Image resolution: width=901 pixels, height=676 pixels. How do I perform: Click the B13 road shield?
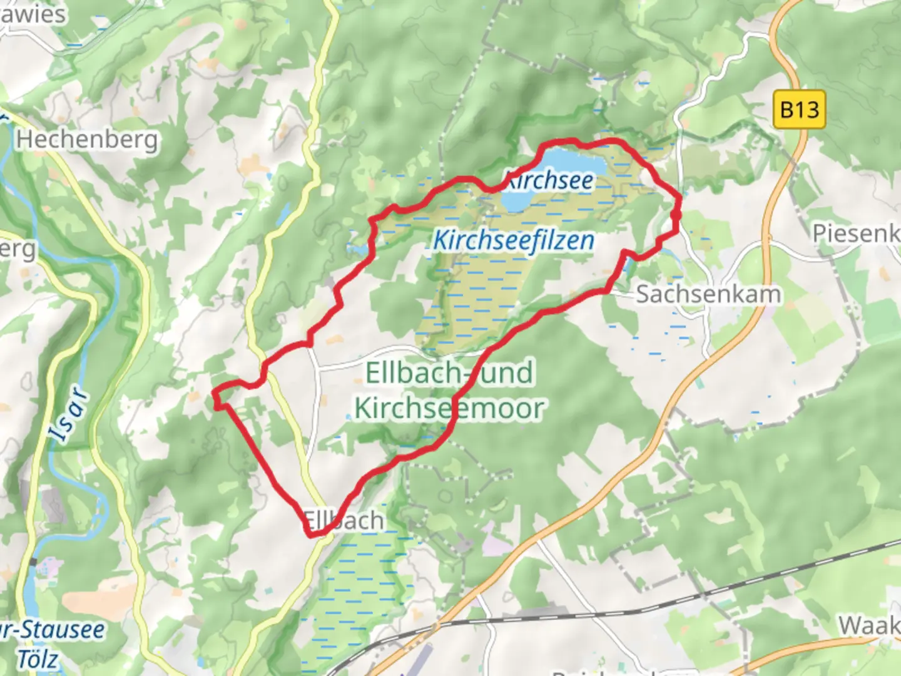[x=799, y=110]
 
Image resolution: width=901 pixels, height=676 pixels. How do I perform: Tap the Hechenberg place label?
[x=86, y=139]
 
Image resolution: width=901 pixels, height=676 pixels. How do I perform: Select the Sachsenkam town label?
[x=708, y=294]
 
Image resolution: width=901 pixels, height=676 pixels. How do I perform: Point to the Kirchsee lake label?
[x=549, y=181]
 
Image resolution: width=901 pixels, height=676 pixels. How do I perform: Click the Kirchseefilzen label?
[x=514, y=240]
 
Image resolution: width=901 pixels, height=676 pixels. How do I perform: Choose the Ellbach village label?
[x=344, y=520]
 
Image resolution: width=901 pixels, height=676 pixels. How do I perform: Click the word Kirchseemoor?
[x=449, y=408]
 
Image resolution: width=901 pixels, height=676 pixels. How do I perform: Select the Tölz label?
[x=37, y=659]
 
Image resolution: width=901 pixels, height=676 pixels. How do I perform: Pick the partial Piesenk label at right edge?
[x=856, y=233]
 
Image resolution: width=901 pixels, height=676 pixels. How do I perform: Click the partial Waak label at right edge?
[x=869, y=625]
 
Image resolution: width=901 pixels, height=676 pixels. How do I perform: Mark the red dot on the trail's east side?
[x=676, y=215]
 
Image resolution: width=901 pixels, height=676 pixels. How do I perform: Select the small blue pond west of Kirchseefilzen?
[x=357, y=249]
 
